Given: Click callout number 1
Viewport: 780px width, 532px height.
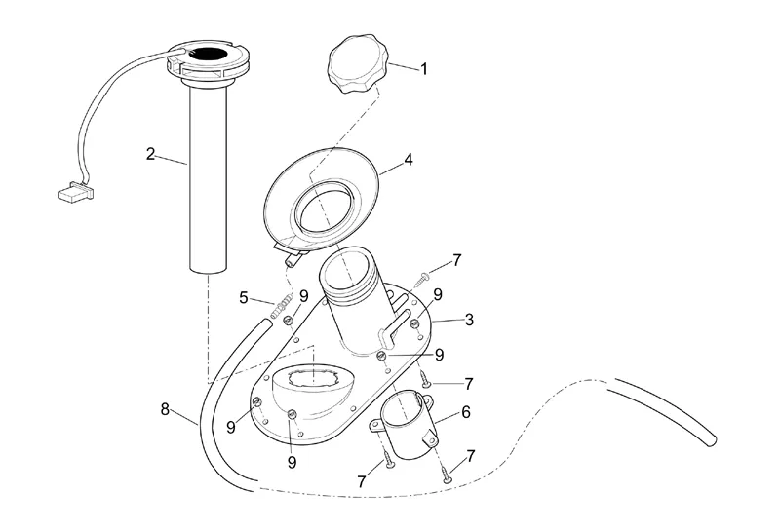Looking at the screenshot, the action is click(x=424, y=69).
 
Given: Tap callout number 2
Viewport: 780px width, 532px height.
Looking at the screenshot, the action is click(x=150, y=154).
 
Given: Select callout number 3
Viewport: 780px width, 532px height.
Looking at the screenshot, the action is click(x=469, y=320).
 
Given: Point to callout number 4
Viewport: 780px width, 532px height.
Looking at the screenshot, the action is click(x=409, y=160).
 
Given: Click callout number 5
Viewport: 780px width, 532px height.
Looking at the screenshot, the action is click(x=243, y=298).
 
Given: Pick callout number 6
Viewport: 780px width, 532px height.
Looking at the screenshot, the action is click(x=466, y=412).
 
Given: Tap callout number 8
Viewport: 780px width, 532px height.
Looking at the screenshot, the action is click(x=165, y=409).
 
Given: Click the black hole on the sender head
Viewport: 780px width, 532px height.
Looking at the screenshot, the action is click(x=208, y=53).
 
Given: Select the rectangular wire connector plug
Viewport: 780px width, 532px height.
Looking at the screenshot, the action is click(x=75, y=192).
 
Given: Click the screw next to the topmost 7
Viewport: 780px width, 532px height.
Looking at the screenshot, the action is click(x=423, y=279).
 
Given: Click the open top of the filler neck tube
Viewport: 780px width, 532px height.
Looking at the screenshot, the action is click(x=343, y=270).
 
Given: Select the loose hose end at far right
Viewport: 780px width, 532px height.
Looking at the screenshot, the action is click(x=713, y=439).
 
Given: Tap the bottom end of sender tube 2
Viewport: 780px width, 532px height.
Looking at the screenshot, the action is click(x=209, y=271).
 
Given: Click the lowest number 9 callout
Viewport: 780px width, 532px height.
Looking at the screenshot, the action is click(x=292, y=463).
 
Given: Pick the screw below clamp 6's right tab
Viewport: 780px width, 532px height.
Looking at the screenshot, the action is click(x=447, y=475).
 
